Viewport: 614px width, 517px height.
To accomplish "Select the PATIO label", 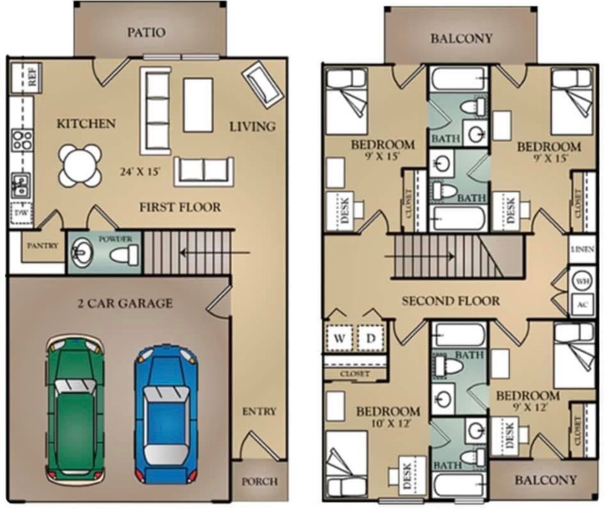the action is point(146,33).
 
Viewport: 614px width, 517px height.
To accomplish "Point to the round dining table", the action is point(80,165).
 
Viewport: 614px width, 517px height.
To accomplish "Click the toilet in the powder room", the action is point(124,255).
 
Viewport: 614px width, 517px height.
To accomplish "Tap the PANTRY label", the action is point(43,246).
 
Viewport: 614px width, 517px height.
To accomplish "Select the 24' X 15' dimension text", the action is point(140,172).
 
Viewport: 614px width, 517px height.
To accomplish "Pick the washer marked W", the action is point(340,338).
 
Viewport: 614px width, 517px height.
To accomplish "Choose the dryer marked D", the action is point(371,338).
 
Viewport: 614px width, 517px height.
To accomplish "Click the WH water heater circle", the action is point(582,281).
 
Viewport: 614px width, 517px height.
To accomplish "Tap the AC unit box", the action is point(582,305).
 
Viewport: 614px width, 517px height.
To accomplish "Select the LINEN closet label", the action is point(582,249).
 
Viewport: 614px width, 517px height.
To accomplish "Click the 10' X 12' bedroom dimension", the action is point(387,423).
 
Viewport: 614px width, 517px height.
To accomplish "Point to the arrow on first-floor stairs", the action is point(215,252).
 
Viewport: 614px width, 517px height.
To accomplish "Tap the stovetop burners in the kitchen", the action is point(22,140).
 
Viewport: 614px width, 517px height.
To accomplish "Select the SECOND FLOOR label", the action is point(451,301).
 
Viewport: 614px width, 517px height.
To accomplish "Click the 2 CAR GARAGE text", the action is point(125,303).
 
